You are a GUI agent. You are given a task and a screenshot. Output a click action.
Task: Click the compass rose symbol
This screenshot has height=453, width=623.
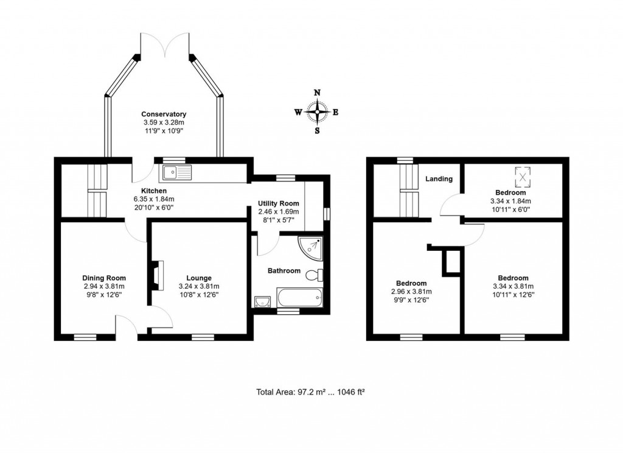tap(317, 111)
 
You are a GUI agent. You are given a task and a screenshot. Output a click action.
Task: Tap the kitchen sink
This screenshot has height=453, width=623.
tap(176, 173)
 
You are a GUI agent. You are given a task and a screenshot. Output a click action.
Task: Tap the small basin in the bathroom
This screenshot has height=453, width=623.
tap(263, 301)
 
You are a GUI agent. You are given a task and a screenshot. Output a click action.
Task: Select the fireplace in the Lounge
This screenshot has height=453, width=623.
tap(158, 274)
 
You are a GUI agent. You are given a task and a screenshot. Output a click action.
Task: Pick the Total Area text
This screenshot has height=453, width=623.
tap(310, 392)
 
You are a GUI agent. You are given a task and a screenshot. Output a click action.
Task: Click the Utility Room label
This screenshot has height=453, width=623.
tap(278, 203)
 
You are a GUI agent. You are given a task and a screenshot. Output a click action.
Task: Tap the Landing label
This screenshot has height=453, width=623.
tap(439, 179)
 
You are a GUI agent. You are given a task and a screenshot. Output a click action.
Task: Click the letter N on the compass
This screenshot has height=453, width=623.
tap(317, 93)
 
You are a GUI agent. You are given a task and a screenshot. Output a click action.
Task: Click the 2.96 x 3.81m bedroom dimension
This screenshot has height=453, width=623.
tap(411, 292)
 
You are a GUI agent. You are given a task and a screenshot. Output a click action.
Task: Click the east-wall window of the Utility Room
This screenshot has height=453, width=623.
tap(327, 213)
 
